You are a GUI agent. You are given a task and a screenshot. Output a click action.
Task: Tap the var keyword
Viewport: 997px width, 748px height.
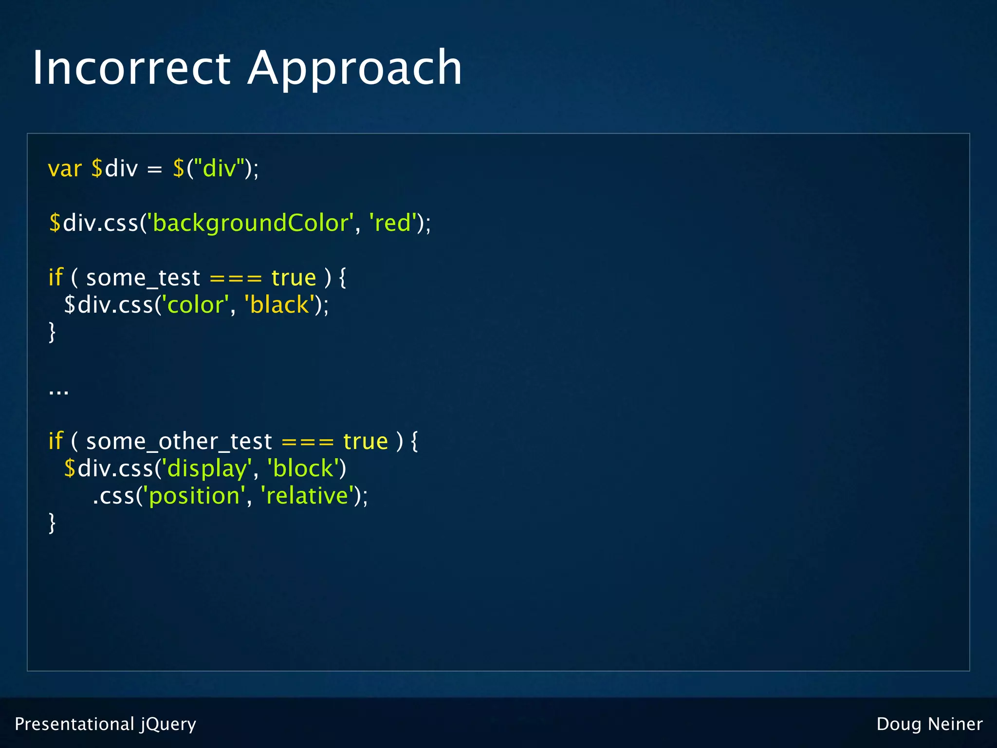pyautogui.click(x=65, y=168)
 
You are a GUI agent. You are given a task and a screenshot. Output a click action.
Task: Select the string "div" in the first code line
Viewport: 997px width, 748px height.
pyautogui.click(x=219, y=168)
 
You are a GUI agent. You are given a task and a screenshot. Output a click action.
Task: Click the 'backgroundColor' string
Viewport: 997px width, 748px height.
pyautogui.click(x=250, y=223)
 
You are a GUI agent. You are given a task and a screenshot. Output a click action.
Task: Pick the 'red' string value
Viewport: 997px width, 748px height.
pyautogui.click(x=392, y=223)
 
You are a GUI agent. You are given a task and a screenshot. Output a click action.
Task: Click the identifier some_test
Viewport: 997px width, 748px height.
pyautogui.click(x=143, y=278)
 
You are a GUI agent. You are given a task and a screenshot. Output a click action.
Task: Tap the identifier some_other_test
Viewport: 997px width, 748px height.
pyautogui.click(x=179, y=442)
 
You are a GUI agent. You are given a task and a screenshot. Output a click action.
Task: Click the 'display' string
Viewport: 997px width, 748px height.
pyautogui.click(x=206, y=468)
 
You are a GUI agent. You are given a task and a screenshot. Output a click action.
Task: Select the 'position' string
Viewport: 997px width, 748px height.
pyautogui.click(x=193, y=496)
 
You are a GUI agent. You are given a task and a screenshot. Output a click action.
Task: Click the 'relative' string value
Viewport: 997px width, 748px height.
pyautogui.click(x=307, y=496)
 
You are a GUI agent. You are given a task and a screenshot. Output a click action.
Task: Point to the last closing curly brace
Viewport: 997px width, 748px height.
pyautogui.click(x=52, y=524)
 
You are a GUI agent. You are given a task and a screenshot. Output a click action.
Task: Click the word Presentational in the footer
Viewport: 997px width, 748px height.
pyautogui.click(x=74, y=724)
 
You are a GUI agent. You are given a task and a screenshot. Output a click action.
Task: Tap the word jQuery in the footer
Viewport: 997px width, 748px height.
pyautogui.click(x=168, y=724)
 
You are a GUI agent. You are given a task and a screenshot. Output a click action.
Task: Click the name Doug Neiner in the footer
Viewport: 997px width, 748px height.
pyautogui.click(x=929, y=724)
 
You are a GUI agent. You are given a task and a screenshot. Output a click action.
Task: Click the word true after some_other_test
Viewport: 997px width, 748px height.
pyautogui.click(x=365, y=442)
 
